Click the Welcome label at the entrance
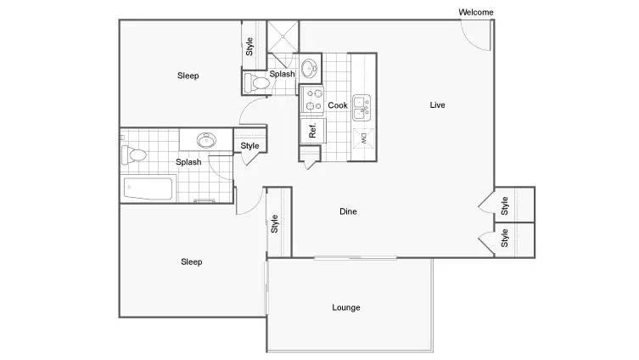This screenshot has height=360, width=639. click(475, 12)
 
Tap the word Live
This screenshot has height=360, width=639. click(437, 104)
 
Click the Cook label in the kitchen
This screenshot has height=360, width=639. click(338, 105)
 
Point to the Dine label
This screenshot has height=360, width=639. click(348, 211)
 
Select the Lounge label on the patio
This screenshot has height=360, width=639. click(346, 307)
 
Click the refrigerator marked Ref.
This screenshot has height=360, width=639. click(312, 131)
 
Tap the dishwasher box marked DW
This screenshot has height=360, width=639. click(363, 138)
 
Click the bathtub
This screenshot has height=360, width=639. click(148, 188)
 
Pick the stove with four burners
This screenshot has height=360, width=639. click(312, 99)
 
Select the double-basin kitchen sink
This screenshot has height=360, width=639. click(362, 108)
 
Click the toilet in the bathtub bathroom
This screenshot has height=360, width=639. click(134, 155)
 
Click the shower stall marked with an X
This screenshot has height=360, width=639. click(283, 37)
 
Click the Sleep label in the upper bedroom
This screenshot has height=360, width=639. click(188, 76)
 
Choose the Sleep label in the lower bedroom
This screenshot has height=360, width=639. click(191, 262)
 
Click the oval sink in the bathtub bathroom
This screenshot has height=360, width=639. click(206, 140)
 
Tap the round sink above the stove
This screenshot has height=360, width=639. click(309, 68)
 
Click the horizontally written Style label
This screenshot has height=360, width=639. click(249, 145)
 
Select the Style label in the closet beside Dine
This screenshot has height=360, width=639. click(274, 223)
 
